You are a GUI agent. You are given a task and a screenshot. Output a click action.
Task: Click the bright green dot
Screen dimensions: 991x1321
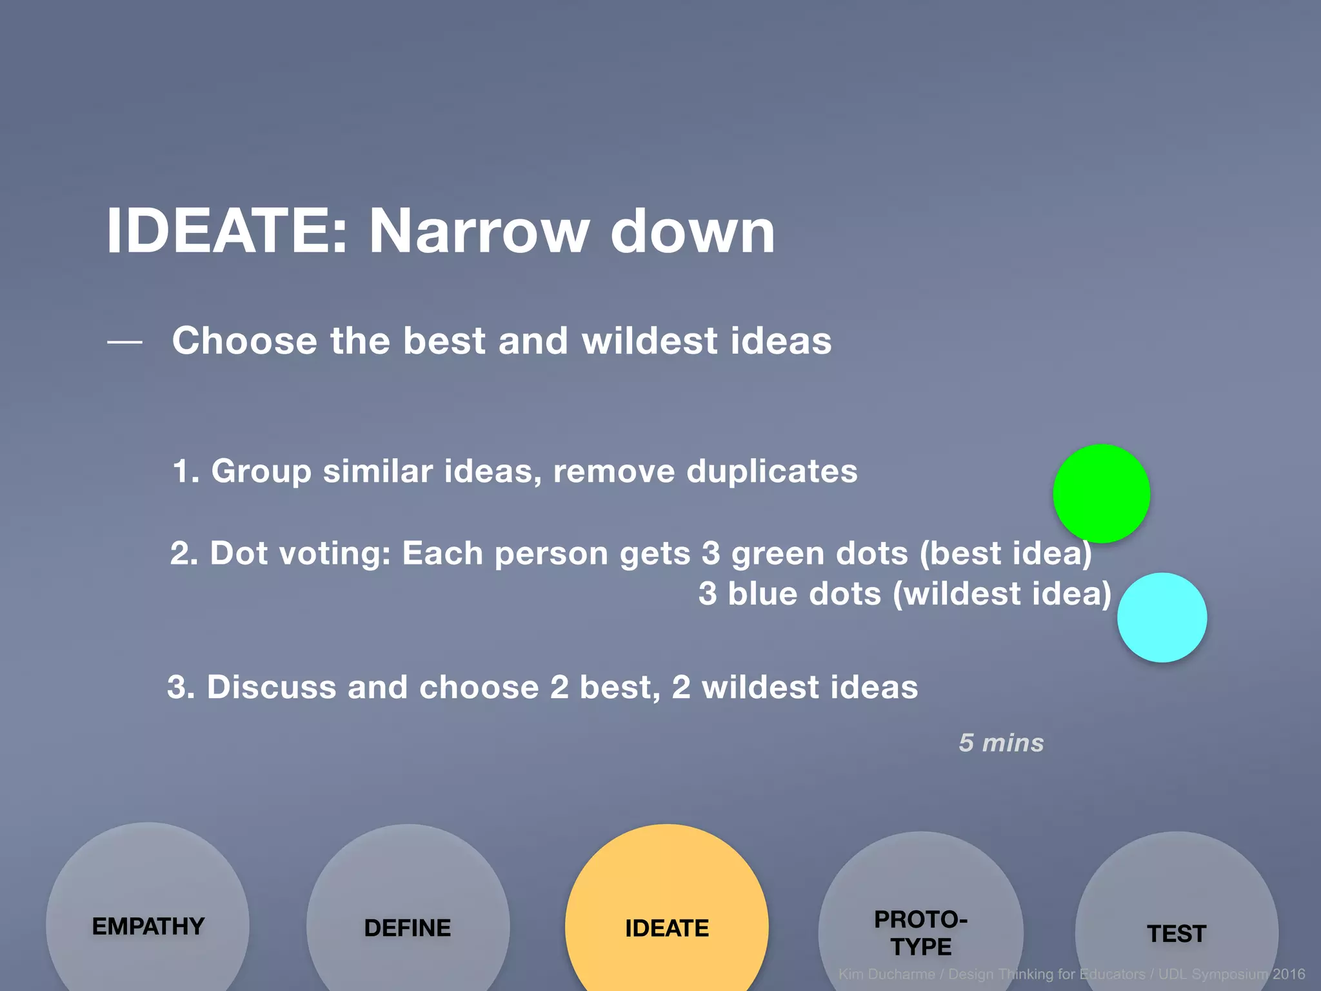1101,494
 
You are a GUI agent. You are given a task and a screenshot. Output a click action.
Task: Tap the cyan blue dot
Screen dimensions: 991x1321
1162,617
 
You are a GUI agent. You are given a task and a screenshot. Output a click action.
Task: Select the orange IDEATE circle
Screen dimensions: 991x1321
666,916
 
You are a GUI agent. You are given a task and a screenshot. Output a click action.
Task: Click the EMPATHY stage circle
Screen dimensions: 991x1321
148,916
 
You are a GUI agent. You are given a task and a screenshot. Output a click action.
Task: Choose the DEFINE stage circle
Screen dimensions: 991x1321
408,916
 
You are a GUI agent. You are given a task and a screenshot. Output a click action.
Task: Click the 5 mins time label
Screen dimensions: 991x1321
1001,743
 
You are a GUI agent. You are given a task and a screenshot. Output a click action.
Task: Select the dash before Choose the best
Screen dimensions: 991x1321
124,342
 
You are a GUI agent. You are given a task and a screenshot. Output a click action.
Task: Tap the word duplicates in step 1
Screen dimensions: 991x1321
771,471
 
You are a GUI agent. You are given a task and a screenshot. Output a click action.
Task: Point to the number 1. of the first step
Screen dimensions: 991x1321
186,471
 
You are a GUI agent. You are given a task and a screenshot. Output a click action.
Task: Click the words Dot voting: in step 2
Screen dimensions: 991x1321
301,554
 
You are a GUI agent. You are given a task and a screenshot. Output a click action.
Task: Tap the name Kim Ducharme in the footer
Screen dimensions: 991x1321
886,974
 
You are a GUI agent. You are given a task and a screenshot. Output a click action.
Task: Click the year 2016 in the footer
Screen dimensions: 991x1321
1288,974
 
